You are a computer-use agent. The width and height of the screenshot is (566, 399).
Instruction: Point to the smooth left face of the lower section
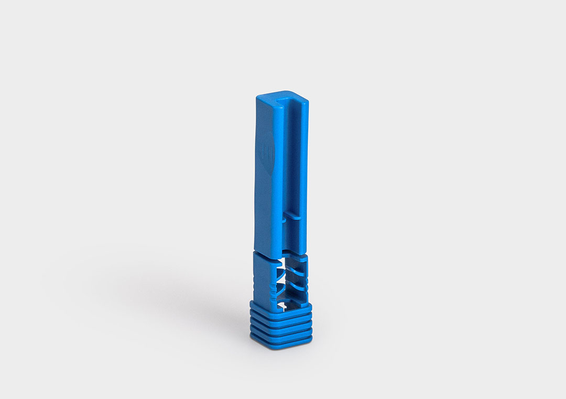(x=260, y=278)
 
